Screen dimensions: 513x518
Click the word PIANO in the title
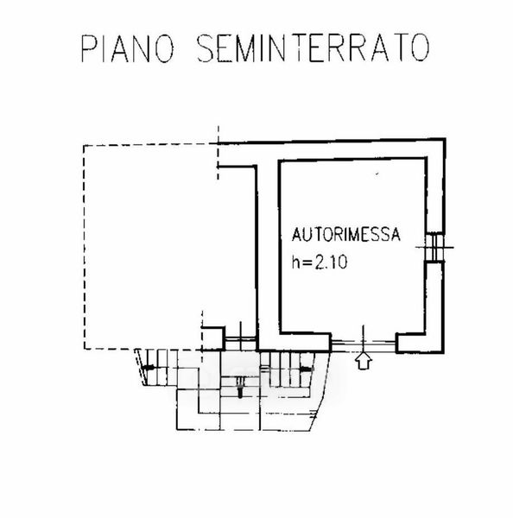coord(127,48)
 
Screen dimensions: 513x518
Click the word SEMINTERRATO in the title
coord(313,48)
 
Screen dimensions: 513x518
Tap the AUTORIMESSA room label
coord(345,234)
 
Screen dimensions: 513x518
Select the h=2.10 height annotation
coord(320,262)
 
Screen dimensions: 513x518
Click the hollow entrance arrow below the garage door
coord(364,360)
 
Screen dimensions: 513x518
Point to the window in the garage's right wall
coord(434,247)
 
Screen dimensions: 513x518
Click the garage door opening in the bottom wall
coord(364,344)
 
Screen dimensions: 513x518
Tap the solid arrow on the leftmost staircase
coord(148,367)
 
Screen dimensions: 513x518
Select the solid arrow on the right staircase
coord(306,368)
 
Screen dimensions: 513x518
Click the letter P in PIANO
coord(86,48)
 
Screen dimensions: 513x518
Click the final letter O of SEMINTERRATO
coord(421,48)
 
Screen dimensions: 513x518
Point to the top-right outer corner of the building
coord(446,139)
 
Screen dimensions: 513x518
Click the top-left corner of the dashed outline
coord(84,145)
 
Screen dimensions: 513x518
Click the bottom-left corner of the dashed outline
coord(85,349)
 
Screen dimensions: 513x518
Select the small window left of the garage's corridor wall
coord(240,339)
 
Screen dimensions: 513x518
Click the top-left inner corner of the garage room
coord(280,161)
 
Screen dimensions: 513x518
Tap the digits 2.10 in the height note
coord(331,262)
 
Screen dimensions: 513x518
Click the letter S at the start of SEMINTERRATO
coord(206,48)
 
